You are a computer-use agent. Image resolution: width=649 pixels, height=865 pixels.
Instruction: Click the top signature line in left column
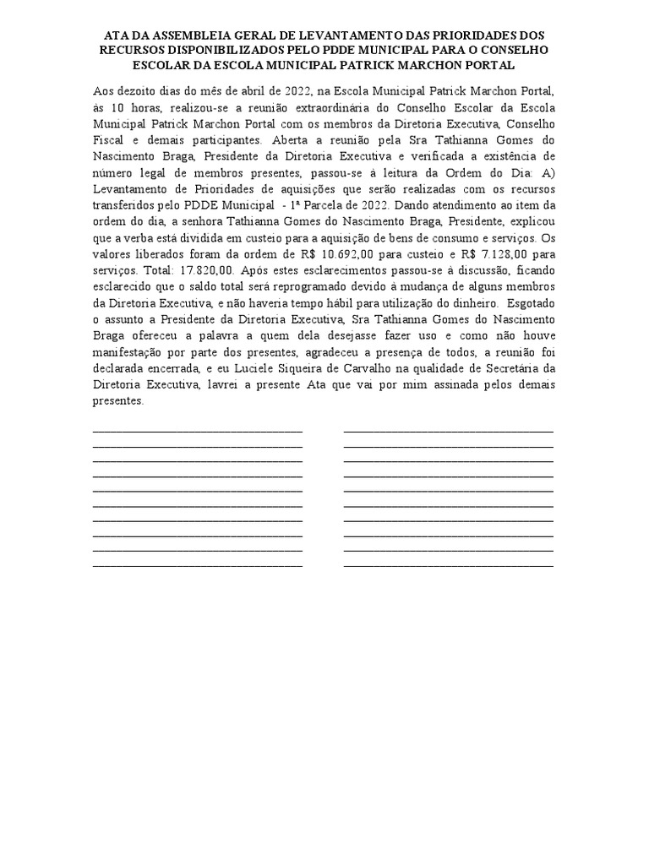pyautogui.click(x=197, y=431)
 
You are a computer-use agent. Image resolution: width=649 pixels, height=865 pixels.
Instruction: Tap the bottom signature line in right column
pyautogui.click(x=449, y=565)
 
